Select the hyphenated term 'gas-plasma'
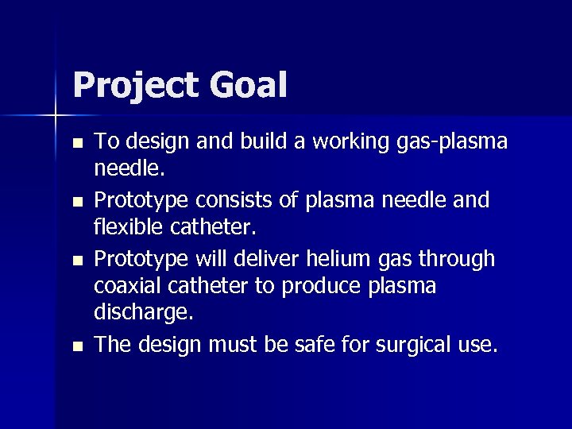[451, 143]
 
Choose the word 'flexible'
[126, 229]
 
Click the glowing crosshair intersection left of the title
[56, 116]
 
